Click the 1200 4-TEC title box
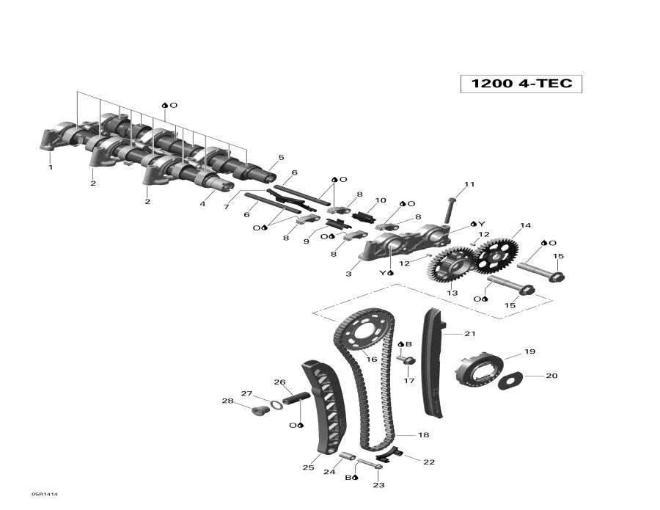tap(521, 84)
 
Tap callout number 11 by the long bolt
tap(469, 184)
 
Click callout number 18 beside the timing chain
tap(423, 435)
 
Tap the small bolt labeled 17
tap(408, 360)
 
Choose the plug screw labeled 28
tap(257, 410)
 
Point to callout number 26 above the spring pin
tap(279, 382)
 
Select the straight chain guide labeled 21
tap(433, 363)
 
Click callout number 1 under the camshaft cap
tap(51, 167)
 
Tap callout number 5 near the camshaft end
tap(281, 158)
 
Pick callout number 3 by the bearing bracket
tap(348, 274)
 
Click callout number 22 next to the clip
tap(429, 462)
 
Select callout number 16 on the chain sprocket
tap(371, 359)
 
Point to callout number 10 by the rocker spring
tap(380, 200)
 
